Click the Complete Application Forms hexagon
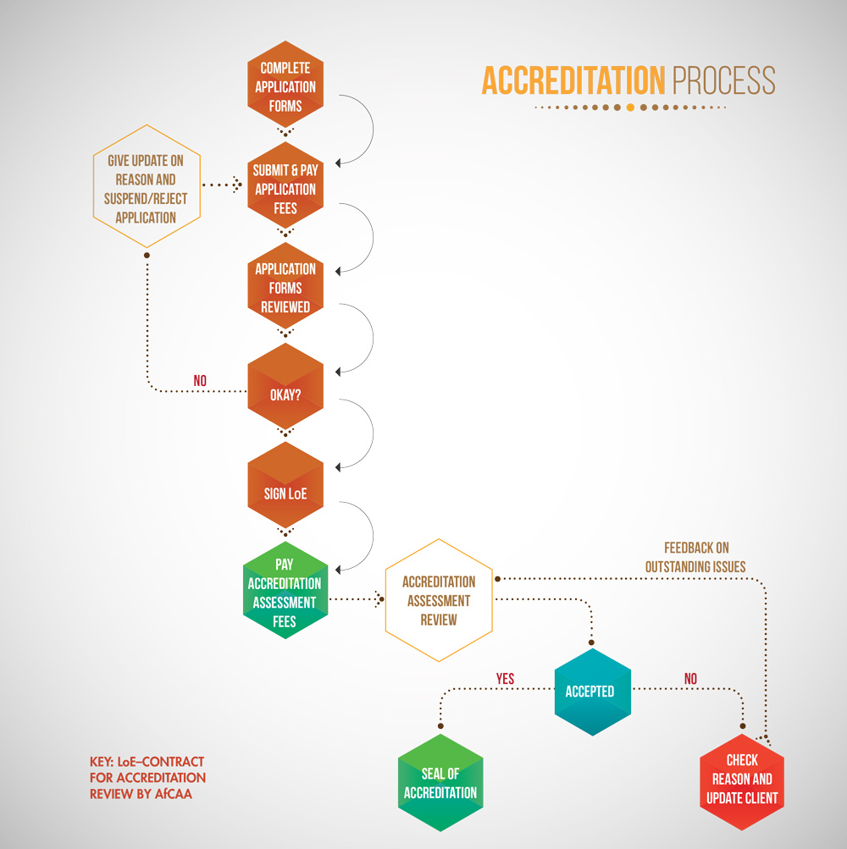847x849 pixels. coord(285,86)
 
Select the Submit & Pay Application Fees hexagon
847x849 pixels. coord(285,189)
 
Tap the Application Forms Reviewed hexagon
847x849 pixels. coord(285,288)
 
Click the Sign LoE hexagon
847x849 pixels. coord(285,493)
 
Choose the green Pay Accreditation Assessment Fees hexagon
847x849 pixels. coord(285,593)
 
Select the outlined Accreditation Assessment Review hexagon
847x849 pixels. coord(439,600)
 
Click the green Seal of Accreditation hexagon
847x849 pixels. coord(440,783)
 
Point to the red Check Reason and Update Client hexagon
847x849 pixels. coord(742,779)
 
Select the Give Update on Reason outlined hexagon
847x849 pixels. coord(147,188)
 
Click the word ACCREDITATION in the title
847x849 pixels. coord(573,81)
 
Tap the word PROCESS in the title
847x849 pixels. coord(724,81)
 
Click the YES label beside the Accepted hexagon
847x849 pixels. coord(505,679)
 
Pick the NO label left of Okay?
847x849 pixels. coord(200,381)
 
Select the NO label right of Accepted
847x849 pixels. coord(690,679)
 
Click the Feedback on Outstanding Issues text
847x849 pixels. coord(695,557)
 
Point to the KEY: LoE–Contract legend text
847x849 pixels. coord(147,777)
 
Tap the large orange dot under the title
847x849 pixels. coord(629,108)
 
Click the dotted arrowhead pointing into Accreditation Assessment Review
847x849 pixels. coord(378,600)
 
